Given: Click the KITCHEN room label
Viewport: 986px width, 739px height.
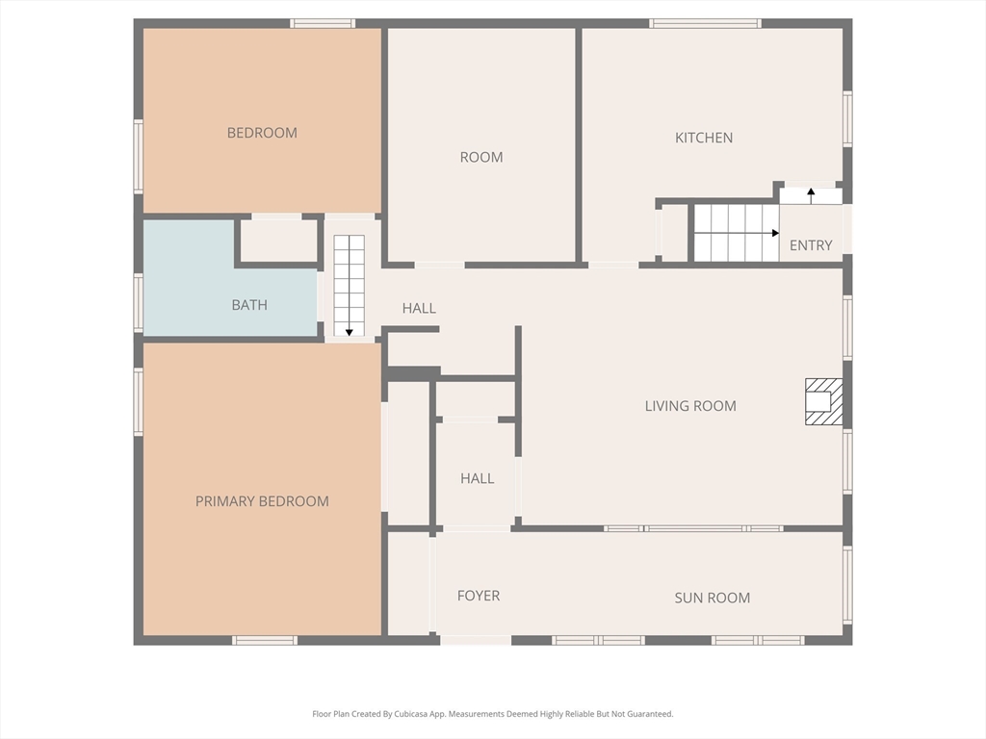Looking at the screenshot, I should (703, 138).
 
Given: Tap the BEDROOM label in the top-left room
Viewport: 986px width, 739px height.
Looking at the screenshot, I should (262, 133).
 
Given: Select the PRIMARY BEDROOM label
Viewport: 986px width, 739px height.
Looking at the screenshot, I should (262, 501).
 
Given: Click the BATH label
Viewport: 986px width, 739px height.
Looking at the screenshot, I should (249, 305).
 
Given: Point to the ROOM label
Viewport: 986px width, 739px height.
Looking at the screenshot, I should (481, 157).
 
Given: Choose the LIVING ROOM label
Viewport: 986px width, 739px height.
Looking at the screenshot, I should (690, 406).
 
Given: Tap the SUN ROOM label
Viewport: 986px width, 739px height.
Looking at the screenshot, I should (712, 598).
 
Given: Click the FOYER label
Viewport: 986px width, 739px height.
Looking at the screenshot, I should (479, 596).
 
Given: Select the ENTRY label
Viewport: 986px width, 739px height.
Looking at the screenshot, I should (811, 245).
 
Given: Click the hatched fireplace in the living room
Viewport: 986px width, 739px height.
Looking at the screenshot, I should (823, 401).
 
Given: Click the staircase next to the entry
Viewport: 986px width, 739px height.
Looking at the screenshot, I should (736, 233).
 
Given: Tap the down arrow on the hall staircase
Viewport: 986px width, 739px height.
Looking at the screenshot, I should (349, 330).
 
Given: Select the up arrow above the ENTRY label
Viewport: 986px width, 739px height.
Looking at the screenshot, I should (811, 193).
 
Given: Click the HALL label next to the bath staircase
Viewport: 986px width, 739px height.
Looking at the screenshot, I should (419, 308).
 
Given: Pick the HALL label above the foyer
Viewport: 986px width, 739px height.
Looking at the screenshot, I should (477, 478).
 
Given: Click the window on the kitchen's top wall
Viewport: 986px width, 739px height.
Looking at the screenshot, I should (705, 23).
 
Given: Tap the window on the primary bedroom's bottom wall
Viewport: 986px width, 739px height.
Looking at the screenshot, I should (265, 640).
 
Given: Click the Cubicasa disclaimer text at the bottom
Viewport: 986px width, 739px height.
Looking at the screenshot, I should (492, 714).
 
